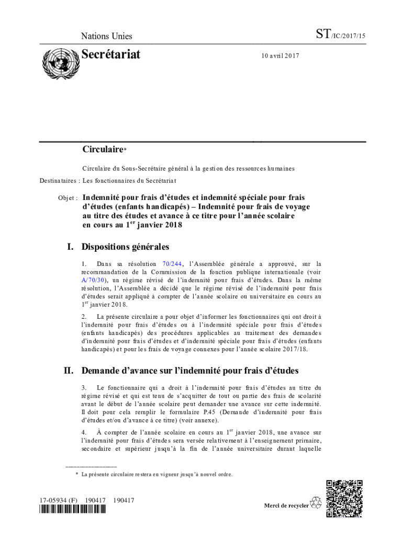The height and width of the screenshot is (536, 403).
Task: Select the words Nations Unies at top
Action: point(106,36)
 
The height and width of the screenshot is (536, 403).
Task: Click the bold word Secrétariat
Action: point(111,54)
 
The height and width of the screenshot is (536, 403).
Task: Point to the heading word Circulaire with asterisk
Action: point(103,150)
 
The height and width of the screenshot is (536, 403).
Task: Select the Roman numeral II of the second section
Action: point(68,371)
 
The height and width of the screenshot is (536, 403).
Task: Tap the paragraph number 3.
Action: point(84,388)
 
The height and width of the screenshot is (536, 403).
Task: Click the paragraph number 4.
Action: point(84,433)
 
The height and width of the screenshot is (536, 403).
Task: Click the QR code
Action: point(344,497)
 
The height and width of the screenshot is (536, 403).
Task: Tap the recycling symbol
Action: point(316,504)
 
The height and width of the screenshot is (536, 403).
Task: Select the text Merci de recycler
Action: point(286,506)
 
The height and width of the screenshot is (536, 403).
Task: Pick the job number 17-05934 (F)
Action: point(58,500)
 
